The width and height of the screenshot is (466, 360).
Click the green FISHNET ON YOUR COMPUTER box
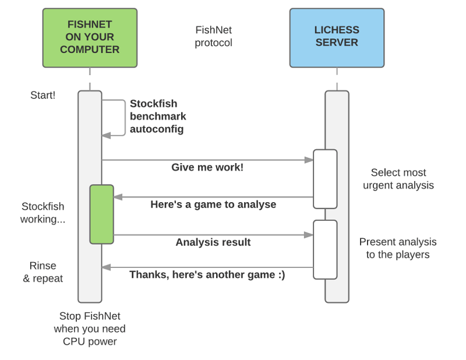tap(90, 37)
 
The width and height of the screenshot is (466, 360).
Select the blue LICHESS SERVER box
tap(337, 37)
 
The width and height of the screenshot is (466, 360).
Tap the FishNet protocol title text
tap(213, 36)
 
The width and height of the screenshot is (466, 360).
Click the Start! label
tap(43, 95)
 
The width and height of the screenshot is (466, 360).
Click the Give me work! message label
tap(207, 168)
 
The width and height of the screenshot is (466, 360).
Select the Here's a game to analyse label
tap(213, 204)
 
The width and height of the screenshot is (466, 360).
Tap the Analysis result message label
tap(213, 242)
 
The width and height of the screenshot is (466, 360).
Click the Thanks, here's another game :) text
tap(207, 274)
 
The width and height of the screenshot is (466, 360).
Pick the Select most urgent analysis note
tap(398, 179)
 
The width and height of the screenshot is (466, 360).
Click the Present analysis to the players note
tap(398, 248)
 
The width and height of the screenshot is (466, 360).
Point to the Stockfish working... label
tap(43, 213)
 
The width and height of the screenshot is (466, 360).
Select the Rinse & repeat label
tap(43, 272)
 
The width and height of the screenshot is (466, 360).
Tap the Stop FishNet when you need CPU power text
tap(90, 329)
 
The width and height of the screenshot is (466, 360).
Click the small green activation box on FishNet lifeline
tap(101, 214)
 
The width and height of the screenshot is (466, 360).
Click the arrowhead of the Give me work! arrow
tap(309, 160)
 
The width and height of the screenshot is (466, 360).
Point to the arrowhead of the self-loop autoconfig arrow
tap(106, 135)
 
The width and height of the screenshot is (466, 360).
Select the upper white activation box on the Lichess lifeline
tap(325, 179)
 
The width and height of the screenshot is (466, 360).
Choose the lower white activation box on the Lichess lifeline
tap(325, 249)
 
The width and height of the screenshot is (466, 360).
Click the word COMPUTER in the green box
tap(90, 50)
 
